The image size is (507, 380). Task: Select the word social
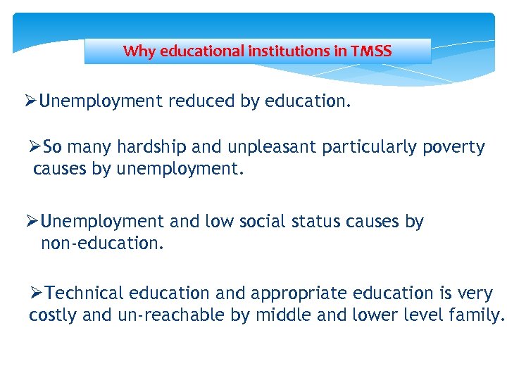[265, 222]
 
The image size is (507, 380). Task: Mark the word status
[330, 222]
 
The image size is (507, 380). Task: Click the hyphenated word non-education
[102, 243]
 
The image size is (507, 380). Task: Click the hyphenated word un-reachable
[154, 315]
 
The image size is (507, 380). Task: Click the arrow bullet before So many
[35, 147]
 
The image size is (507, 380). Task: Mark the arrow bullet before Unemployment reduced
[31, 101]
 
